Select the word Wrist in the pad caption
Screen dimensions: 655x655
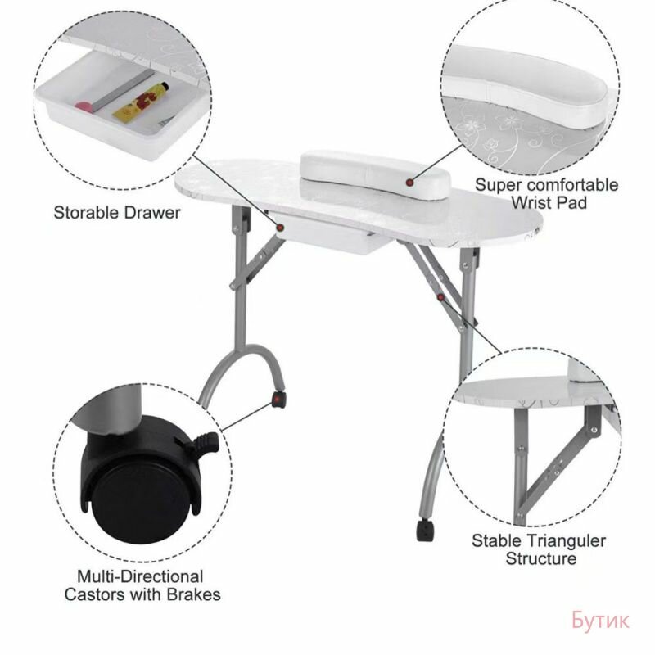click(x=528, y=202)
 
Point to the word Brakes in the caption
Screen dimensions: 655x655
click(x=193, y=594)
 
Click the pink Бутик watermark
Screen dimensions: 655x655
click(x=600, y=620)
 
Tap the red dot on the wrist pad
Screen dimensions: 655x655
click(x=410, y=183)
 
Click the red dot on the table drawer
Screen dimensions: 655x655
click(x=280, y=228)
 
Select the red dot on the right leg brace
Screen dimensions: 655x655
click(x=440, y=297)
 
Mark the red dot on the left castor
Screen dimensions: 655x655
click(x=277, y=400)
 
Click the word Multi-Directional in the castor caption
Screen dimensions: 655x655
click(x=140, y=576)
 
